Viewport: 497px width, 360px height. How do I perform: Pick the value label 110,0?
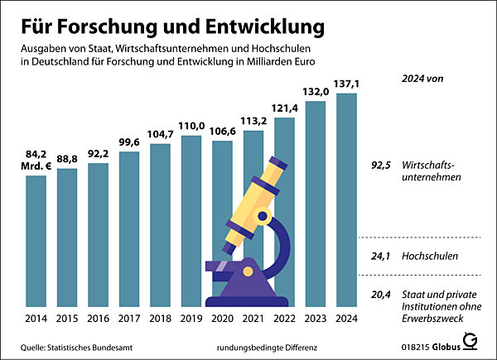[x=191, y=126]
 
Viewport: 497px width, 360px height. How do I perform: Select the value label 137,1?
[x=346, y=84]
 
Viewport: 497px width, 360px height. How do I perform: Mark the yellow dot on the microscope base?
[x=247, y=271]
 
